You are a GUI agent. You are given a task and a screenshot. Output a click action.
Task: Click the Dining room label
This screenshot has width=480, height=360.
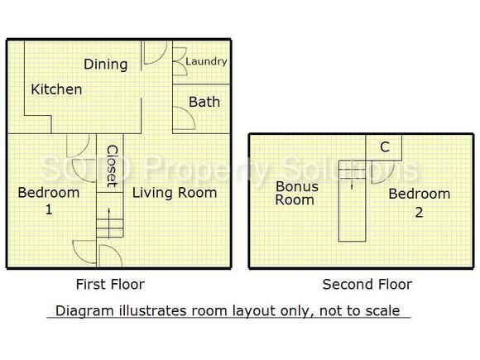coord(105,64)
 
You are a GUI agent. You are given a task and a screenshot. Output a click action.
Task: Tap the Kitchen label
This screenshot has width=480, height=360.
coord(56,89)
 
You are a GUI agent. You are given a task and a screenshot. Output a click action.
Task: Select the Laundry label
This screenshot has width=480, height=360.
coord(206,61)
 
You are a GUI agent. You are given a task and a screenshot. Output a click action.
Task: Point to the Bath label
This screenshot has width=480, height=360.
coord(204,102)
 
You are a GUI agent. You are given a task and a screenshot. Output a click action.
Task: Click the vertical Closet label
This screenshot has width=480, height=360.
coord(110,166)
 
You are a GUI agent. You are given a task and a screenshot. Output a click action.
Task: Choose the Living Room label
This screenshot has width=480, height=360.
coord(175,193)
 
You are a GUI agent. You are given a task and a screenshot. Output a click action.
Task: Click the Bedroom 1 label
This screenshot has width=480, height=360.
coord(49,200)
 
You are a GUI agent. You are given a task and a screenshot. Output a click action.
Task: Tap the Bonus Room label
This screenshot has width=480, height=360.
coord(296,193)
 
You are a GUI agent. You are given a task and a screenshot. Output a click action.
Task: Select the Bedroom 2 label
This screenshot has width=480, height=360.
coord(420,202)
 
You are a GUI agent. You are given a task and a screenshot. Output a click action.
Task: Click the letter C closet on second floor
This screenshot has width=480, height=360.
coord(384,147)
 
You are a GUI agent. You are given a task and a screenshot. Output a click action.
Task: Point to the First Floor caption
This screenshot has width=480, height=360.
coord(109,285)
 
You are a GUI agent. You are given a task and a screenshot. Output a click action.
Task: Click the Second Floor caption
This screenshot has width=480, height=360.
coord(367,285)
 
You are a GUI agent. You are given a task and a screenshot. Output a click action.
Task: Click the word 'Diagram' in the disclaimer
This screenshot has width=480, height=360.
coord(82,311)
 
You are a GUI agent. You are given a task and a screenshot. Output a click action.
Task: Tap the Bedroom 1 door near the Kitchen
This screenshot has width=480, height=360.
coord(76,146)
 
